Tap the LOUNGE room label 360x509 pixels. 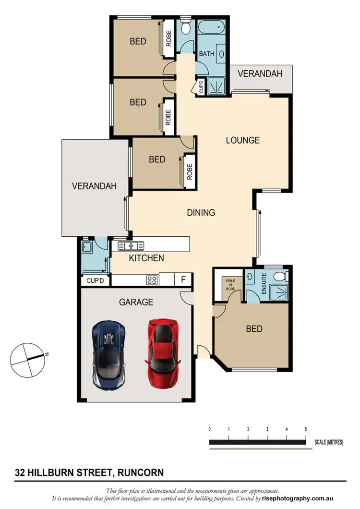243,140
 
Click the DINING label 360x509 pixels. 201,212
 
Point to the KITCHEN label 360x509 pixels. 146,258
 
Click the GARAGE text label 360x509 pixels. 136,302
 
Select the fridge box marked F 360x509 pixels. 183,279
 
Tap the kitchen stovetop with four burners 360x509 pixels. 152,279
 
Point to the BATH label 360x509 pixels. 206,54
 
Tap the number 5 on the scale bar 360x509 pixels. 306,429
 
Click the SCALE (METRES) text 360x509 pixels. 329,442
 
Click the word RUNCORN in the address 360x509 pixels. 139,473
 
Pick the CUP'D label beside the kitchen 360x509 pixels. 95,280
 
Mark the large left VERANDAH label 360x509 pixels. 94,186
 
